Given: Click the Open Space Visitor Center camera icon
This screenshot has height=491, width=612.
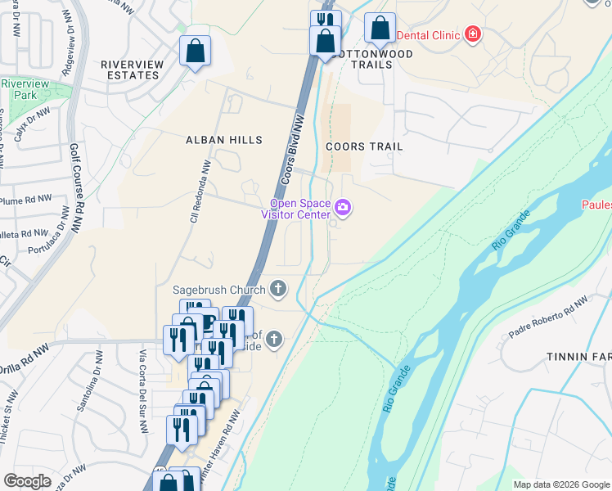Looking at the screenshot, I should (x=344, y=208).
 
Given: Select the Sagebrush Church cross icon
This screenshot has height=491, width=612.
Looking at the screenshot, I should (x=278, y=289).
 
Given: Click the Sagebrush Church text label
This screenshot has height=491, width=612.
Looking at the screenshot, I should (x=218, y=290).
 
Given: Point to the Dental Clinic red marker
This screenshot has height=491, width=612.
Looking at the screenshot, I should (x=472, y=34).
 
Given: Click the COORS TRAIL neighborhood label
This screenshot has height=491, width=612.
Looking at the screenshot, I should (x=364, y=146).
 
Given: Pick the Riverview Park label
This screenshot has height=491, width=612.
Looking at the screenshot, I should (x=25, y=89).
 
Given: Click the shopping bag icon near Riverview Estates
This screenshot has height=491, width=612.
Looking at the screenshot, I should (x=196, y=51).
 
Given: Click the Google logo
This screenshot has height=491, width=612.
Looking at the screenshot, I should (x=28, y=481).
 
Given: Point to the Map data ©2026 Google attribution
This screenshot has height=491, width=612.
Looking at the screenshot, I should (x=560, y=484).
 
